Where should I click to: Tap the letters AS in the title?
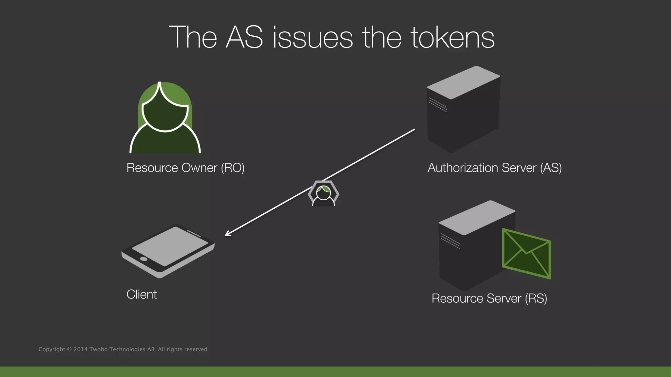pos(244,38)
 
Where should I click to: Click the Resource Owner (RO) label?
pos(185,168)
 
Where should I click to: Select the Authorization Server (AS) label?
pos(494,168)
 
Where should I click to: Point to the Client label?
pos(142,295)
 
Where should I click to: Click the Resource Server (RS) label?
pos(489,298)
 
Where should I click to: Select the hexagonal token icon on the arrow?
pos(323,193)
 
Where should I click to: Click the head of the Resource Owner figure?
pos(165,113)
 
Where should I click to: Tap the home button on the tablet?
pos(144,259)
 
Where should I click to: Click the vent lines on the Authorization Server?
pos(438,105)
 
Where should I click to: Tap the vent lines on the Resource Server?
pos(450,241)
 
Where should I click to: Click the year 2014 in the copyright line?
pos(81,350)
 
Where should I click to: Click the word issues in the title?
pos(313,38)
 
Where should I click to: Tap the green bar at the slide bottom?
pos(335,372)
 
